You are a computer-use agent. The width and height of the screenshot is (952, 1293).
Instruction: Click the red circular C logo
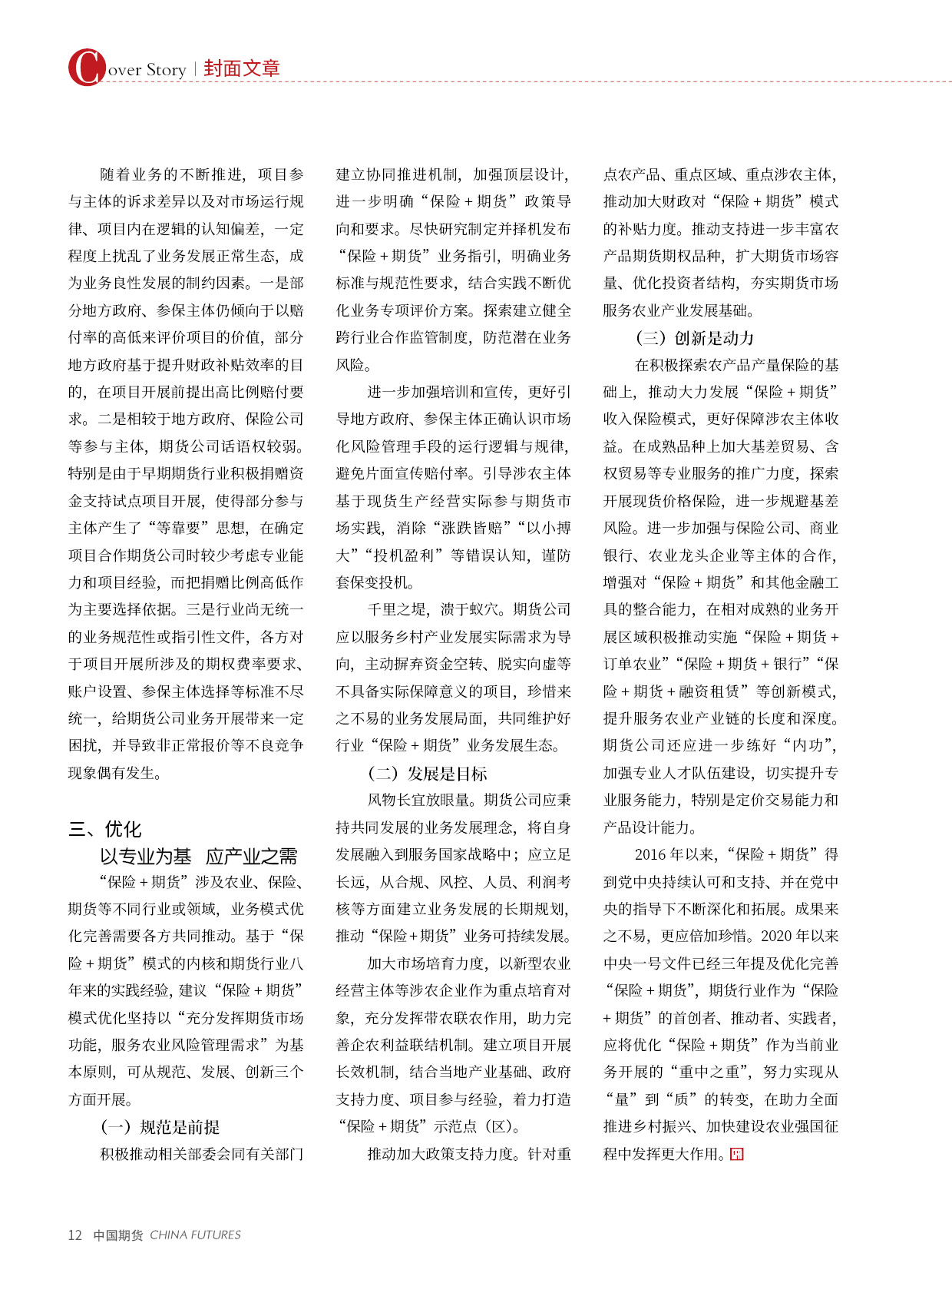pos(86,68)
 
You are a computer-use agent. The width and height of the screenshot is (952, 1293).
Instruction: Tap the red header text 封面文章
pos(242,68)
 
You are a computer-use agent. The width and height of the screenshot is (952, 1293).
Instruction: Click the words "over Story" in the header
pos(147,70)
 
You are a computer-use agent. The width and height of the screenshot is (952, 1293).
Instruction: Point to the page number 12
pos(74,1235)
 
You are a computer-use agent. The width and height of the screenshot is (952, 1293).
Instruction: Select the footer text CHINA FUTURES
pos(195,1235)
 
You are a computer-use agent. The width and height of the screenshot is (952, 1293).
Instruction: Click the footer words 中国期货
pos(117,1235)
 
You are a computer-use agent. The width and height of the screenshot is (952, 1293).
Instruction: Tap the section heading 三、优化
pos(105,829)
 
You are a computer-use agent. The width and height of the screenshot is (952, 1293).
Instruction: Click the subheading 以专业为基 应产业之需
pos(198,856)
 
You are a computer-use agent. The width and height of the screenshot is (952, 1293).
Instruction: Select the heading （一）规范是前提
pos(160,1126)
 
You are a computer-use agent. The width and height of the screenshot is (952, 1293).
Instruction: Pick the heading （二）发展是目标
pos(427,773)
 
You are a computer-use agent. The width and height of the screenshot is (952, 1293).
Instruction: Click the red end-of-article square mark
pos(736,1154)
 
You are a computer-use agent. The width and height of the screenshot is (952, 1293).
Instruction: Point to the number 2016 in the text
pos(650,854)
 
